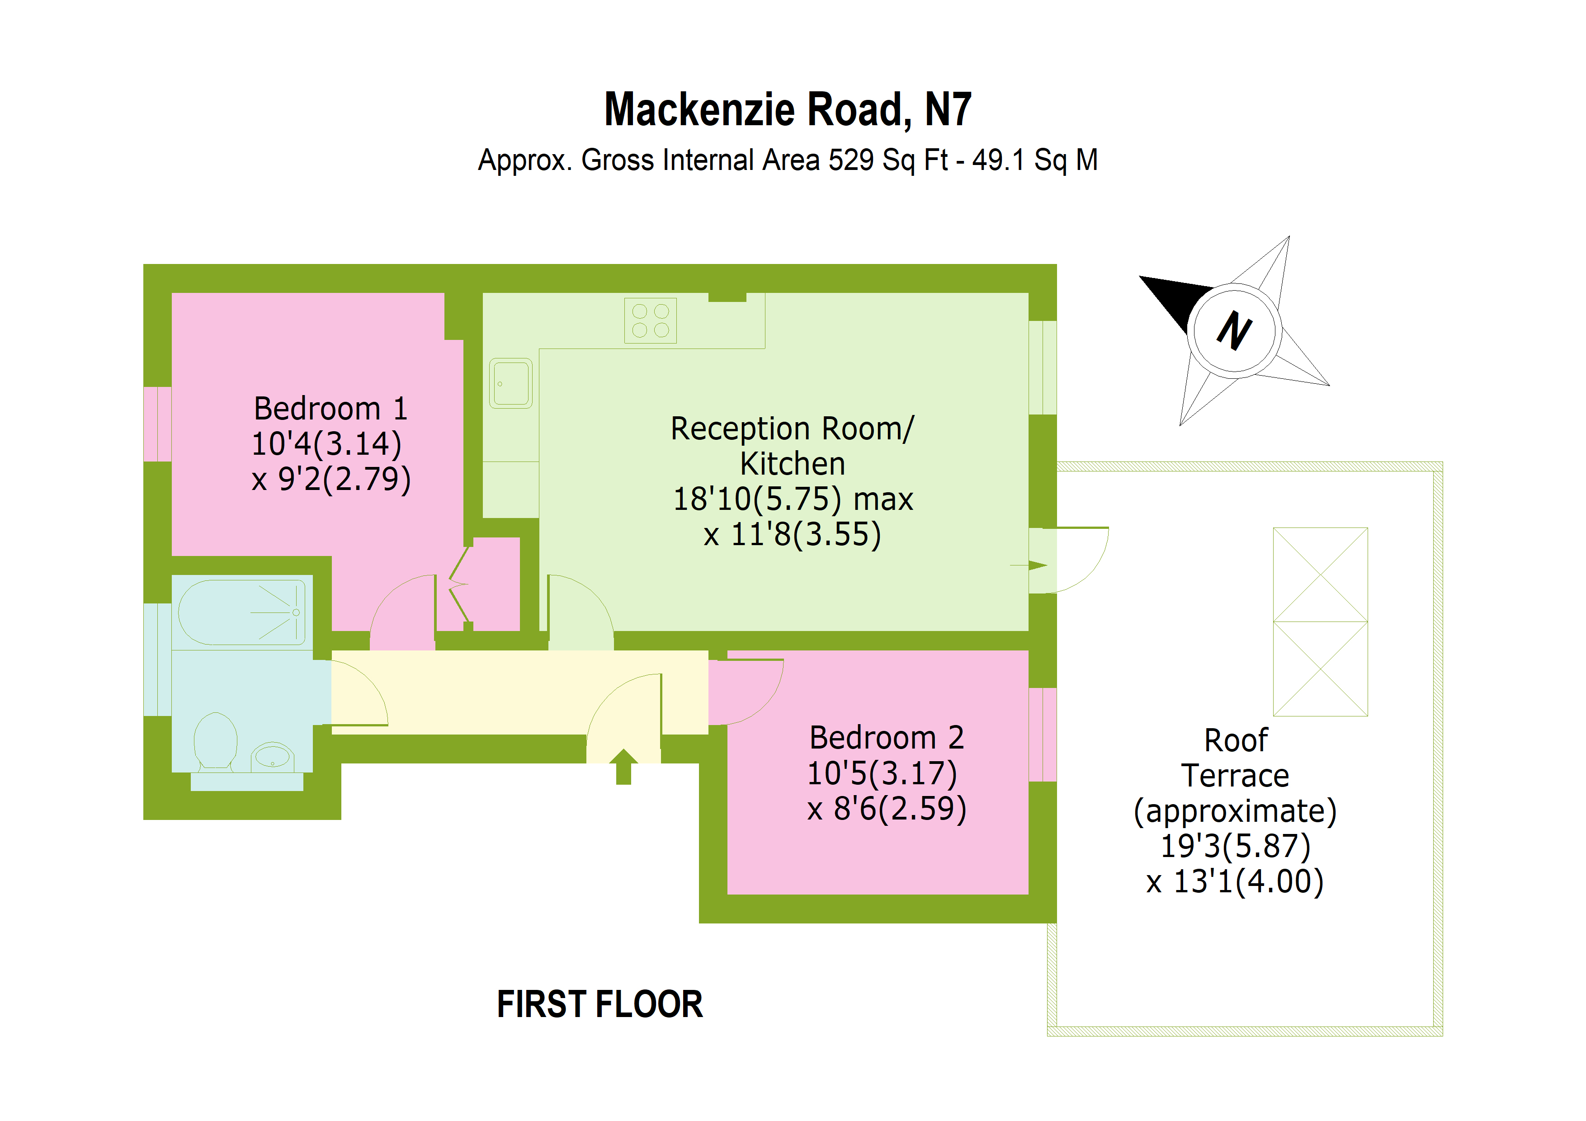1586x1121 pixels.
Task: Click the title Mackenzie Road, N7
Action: [x=788, y=110]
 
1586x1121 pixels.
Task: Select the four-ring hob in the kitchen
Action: [x=650, y=320]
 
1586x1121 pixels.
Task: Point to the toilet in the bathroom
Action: [x=216, y=740]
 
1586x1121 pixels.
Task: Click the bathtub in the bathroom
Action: [x=242, y=612]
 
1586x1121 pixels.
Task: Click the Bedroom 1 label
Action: [x=330, y=408]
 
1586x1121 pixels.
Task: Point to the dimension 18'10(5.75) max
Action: [x=792, y=499]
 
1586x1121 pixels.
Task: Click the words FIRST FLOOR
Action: [x=599, y=1003]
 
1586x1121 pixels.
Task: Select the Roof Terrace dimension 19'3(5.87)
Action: [x=1235, y=846]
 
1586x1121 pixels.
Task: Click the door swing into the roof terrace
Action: [x=1077, y=560]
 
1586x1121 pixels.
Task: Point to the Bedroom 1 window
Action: [x=157, y=424]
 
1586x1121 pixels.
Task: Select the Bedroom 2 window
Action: [x=1043, y=734]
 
